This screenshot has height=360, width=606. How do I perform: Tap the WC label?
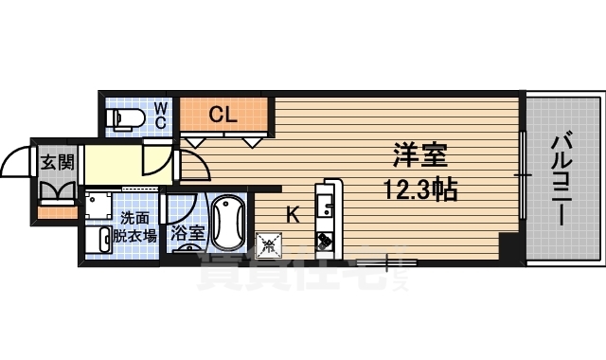coord(161,115)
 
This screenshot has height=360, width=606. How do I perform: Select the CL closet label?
coord(223,116)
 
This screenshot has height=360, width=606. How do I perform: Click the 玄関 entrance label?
coord(56,162)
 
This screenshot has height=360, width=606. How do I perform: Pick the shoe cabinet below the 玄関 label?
coord(56,191)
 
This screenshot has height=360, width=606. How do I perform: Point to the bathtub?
coord(228,222)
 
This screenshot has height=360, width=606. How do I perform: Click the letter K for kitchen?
coord(293,215)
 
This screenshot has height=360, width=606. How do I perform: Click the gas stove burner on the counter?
coord(325,241)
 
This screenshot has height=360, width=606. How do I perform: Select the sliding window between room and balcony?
coord(522,175)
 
